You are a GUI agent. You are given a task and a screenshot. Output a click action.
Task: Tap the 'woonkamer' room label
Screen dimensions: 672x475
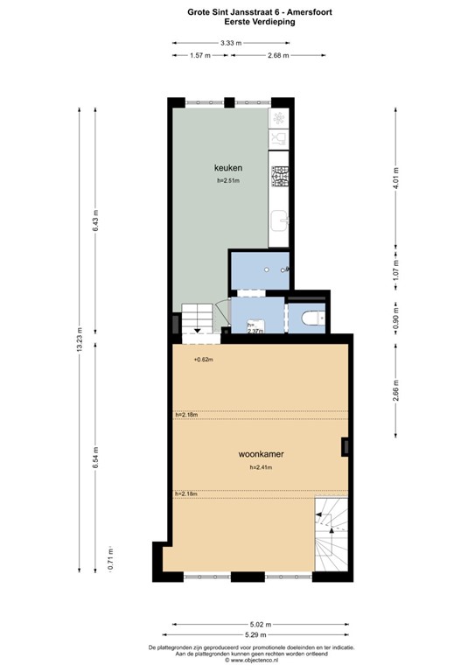coord(262,455)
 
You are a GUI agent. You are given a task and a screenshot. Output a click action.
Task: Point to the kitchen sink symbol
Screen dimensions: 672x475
coord(279,220)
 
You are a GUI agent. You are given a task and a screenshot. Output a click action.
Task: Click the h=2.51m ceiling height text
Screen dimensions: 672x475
coord(228,182)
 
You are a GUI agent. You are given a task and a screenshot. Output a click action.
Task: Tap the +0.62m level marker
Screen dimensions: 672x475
coord(204,359)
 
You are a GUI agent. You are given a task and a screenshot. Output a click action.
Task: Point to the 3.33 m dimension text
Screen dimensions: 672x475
coord(231,43)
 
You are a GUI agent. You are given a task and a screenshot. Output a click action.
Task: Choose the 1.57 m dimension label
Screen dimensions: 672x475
coord(200,56)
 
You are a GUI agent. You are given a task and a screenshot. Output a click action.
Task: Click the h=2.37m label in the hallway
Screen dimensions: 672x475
coord(255,330)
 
